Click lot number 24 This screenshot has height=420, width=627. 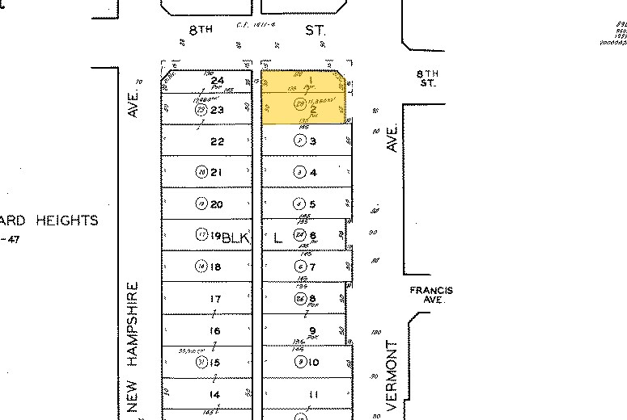217,81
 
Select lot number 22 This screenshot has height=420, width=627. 216,141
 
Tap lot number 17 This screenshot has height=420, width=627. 215,299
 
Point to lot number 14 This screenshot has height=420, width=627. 215,394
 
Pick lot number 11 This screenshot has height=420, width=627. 313,394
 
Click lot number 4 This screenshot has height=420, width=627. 313,172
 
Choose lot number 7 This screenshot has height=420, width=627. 313,267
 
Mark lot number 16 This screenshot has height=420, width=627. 215,331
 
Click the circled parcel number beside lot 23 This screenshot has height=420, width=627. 201,110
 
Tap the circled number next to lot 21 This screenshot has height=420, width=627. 201,172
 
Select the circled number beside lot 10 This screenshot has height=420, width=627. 299,362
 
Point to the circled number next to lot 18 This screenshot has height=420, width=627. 201,267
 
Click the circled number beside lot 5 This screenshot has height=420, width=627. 299,204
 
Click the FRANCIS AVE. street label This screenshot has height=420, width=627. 431,295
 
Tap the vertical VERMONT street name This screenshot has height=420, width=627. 394,376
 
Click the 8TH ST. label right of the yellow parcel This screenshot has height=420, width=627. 428,78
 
